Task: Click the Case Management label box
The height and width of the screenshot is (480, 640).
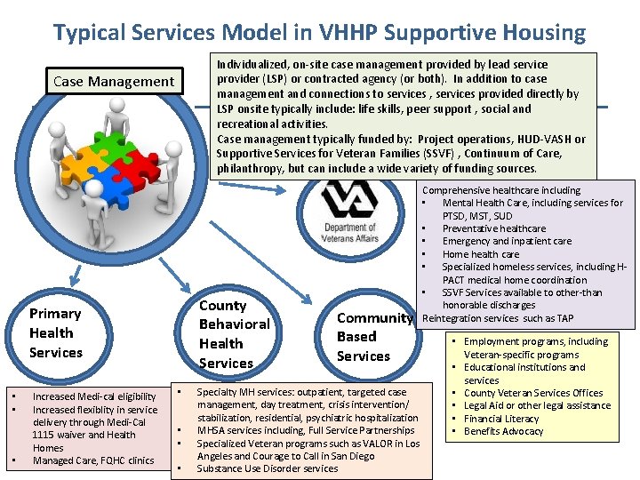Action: (x=114, y=82)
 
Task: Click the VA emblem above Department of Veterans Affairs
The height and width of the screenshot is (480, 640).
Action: (x=338, y=199)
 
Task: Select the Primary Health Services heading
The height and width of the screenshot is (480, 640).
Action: (x=55, y=332)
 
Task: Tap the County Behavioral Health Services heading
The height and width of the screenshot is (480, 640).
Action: (x=234, y=333)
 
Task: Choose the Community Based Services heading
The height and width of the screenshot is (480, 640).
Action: (x=373, y=337)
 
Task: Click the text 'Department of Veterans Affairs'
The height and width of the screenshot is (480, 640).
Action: (x=339, y=233)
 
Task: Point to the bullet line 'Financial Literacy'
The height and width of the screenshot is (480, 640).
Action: (x=501, y=418)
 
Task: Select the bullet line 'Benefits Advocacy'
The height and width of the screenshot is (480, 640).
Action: (x=503, y=431)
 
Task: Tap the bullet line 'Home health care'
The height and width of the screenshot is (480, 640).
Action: (x=481, y=254)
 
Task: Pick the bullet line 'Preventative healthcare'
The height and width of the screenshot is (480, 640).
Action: (x=494, y=228)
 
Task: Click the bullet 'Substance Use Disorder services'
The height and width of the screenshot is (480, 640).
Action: (x=267, y=468)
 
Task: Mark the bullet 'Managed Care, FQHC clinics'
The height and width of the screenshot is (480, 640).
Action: (x=93, y=460)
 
